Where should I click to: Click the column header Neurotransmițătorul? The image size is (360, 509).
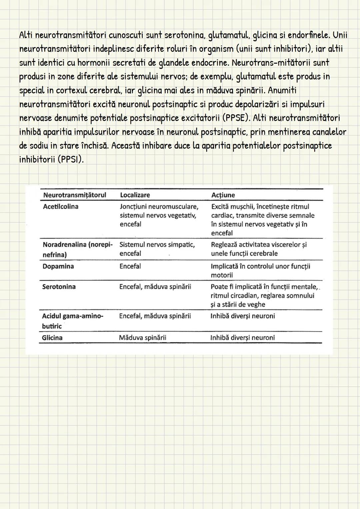75,195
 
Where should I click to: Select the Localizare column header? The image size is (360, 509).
135,195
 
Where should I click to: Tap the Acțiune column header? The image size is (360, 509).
223,195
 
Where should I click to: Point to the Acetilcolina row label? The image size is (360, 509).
61,207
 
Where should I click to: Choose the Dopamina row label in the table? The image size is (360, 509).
58,266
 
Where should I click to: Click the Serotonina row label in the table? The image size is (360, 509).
59,287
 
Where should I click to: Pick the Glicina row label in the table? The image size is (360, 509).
52,338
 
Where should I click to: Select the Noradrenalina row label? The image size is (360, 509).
77,249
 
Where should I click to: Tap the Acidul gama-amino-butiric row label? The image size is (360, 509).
72,321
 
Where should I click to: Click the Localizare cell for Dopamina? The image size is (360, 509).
130,266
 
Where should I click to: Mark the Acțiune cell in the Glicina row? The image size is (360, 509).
242,338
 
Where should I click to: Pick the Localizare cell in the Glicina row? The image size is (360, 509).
142,338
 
